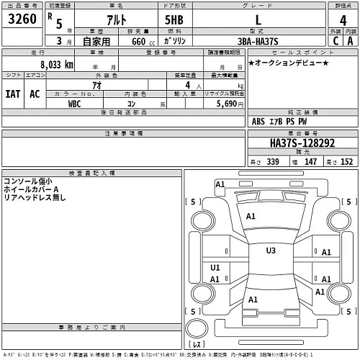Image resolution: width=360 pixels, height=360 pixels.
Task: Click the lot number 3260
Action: [x=21, y=20]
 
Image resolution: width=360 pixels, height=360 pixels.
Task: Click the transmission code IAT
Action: [x=13, y=94]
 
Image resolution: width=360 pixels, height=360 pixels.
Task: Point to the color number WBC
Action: [x=74, y=104]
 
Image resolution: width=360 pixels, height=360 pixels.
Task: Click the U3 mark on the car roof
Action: [x=271, y=251]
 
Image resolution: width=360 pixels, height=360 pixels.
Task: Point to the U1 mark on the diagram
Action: [x=215, y=267]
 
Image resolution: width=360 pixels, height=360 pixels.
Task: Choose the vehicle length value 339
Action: [x=272, y=162]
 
